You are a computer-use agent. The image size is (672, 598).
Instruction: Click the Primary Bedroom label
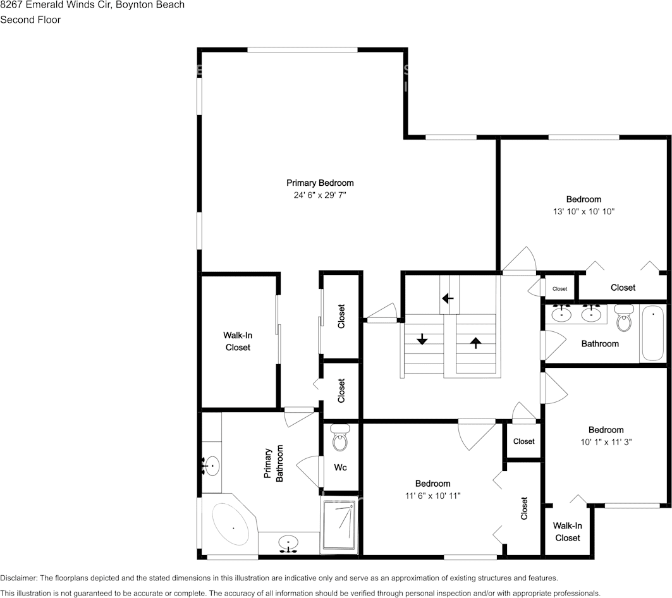320,183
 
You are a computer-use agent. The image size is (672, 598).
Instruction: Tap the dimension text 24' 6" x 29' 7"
320,196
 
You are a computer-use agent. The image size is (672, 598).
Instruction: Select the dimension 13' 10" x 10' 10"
583,212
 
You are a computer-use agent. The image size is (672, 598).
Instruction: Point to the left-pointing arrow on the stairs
448,298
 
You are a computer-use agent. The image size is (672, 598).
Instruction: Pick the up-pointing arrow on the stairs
475,343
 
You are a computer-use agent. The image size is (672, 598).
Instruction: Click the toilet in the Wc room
340,438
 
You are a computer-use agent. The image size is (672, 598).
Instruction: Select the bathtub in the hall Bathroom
652,333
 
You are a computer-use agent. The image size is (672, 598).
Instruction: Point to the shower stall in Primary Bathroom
339,524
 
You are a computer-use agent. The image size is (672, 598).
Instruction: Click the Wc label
339,468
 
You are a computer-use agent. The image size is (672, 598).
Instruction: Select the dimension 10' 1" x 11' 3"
606,442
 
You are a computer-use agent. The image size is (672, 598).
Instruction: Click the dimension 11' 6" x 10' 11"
433,496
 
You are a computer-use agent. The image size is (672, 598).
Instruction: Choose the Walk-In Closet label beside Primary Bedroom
238,341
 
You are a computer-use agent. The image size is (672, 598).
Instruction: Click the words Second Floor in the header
30,20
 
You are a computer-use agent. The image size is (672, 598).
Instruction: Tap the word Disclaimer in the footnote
18,578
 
